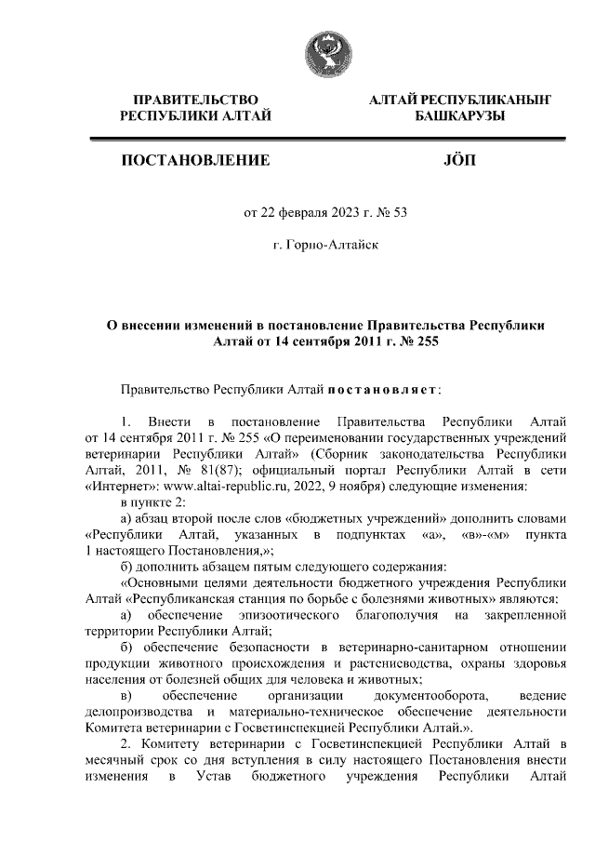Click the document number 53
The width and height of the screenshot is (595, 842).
401,212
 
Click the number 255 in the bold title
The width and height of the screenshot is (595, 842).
424,341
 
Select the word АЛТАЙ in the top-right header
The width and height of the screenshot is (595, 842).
393,99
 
